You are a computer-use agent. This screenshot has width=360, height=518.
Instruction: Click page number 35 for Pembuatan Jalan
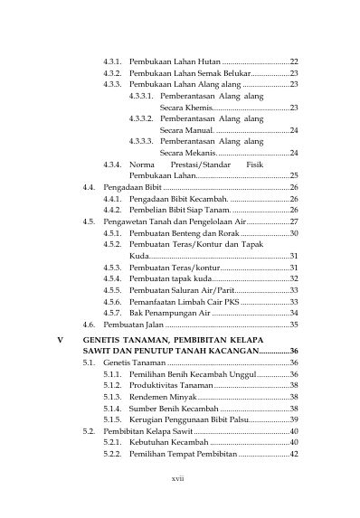[x=294, y=323]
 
